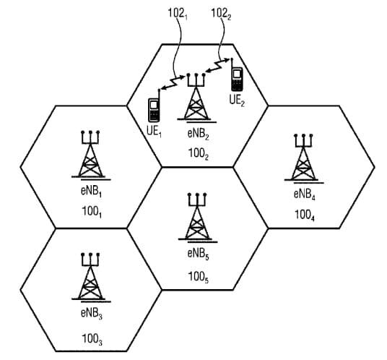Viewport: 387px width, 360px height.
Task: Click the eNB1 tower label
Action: [91, 192]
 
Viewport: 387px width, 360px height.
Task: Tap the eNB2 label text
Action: [198, 134]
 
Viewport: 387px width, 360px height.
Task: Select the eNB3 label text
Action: [91, 314]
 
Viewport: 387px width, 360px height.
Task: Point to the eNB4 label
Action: [304, 194]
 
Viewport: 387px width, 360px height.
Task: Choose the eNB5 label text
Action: [198, 254]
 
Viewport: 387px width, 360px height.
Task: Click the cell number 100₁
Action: [92, 212]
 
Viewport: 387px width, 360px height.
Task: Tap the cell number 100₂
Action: [199, 154]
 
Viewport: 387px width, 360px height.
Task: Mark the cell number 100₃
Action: [92, 339]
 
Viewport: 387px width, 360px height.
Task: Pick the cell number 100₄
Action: [305, 215]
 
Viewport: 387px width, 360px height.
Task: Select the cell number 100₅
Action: [199, 277]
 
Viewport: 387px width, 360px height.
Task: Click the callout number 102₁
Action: [178, 14]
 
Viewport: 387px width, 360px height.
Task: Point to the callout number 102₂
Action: [221, 14]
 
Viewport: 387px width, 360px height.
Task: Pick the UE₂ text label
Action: [237, 100]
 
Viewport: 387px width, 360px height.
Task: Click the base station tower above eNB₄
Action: [303, 158]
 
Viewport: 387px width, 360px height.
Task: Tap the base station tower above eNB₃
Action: [91, 277]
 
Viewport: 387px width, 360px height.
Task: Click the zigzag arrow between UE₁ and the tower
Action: [173, 83]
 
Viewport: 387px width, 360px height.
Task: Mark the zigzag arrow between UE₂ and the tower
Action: [218, 65]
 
